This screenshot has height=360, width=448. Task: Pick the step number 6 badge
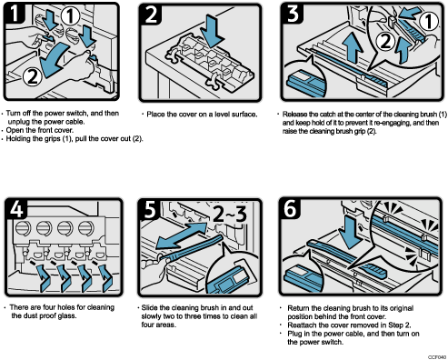point(290,206)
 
